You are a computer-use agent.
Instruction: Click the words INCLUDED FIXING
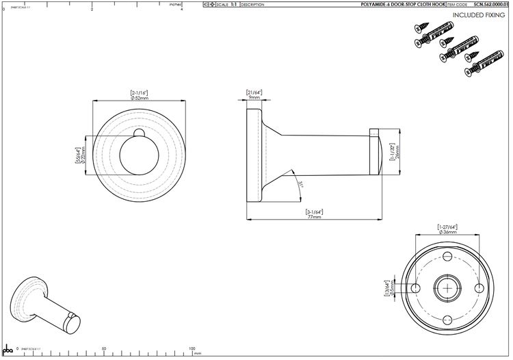coord(478,14)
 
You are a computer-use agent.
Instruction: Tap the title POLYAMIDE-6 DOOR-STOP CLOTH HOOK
coord(403,4)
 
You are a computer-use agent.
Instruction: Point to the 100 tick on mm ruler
coord(192,348)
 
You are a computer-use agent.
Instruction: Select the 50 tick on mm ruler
coord(103,348)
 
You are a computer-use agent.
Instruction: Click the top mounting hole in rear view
coord(447,260)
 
